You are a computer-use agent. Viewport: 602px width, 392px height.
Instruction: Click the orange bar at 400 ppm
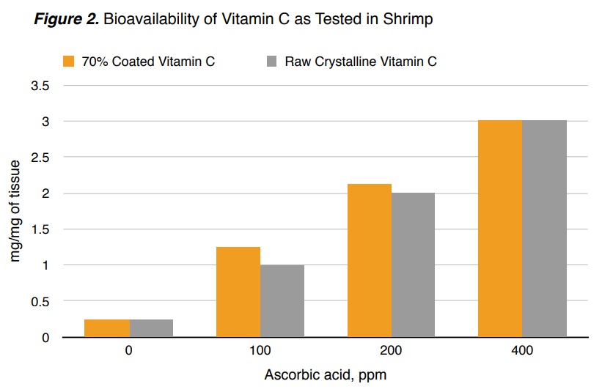[x=500, y=228]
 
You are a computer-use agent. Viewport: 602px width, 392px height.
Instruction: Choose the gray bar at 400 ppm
[x=544, y=228]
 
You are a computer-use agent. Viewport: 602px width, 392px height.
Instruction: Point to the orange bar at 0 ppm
[x=106, y=328]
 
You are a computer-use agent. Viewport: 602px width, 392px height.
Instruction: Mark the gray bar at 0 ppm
[x=151, y=328]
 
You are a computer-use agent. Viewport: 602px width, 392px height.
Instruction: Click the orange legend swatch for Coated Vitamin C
[x=70, y=61]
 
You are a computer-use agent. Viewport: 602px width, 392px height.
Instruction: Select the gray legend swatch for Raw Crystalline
[x=270, y=61]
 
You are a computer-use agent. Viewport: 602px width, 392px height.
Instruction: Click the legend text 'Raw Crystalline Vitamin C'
[x=360, y=62]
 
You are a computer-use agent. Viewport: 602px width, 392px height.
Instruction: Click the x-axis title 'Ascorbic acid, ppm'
[x=325, y=375]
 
